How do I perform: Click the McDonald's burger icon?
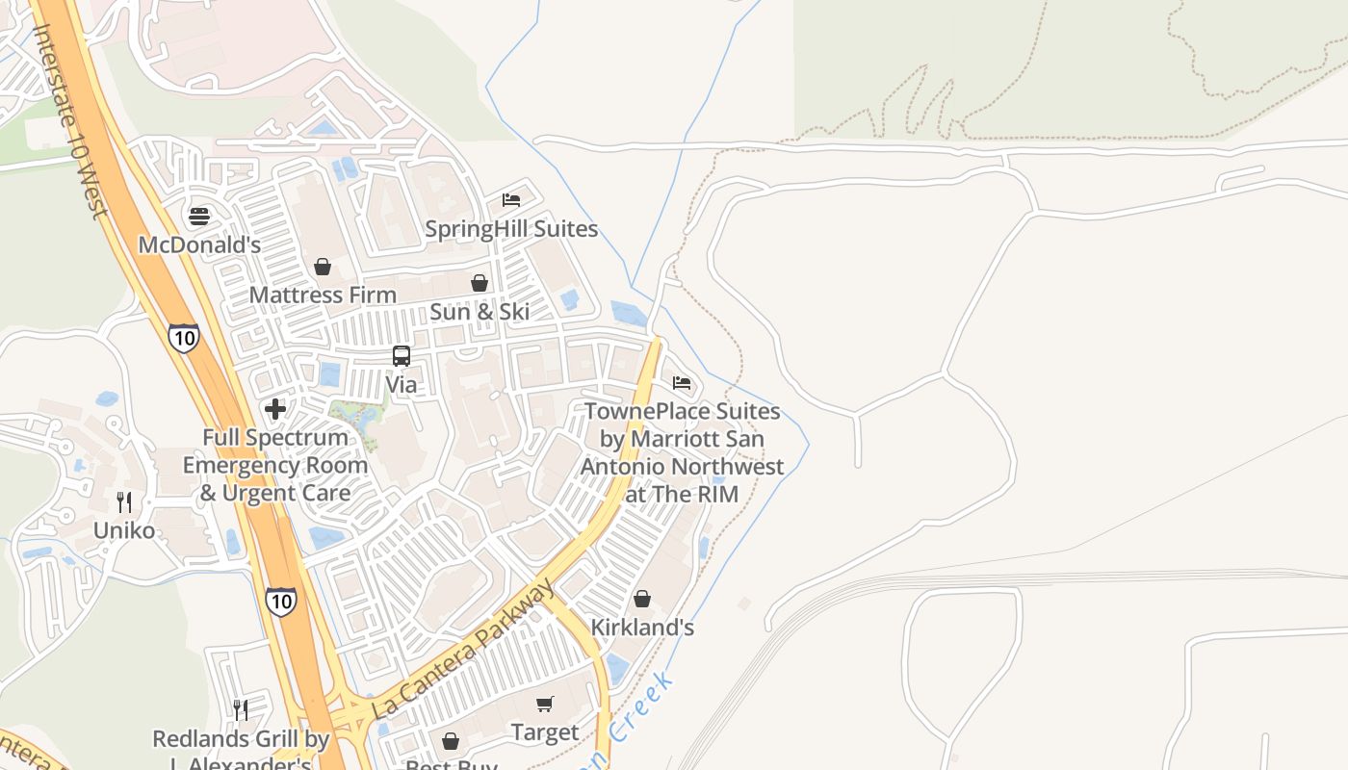click(199, 217)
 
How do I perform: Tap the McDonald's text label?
click(199, 244)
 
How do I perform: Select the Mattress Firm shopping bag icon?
click(323, 267)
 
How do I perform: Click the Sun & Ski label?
click(480, 311)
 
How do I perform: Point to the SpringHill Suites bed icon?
click(511, 200)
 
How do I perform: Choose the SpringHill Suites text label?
click(511, 229)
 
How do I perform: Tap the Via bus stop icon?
click(402, 356)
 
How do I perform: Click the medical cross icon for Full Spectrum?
click(275, 409)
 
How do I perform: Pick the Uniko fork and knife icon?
click(124, 502)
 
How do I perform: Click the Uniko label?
click(124, 530)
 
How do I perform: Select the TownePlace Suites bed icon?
click(682, 383)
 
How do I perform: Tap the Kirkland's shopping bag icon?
click(642, 599)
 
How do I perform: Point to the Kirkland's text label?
click(642, 628)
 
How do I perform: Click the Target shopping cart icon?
click(545, 705)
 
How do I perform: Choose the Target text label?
click(545, 732)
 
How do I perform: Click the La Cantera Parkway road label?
click(462, 650)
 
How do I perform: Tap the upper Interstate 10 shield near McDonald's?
click(183, 338)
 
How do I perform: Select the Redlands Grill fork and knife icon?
click(241, 710)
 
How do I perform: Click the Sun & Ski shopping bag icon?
click(480, 283)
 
